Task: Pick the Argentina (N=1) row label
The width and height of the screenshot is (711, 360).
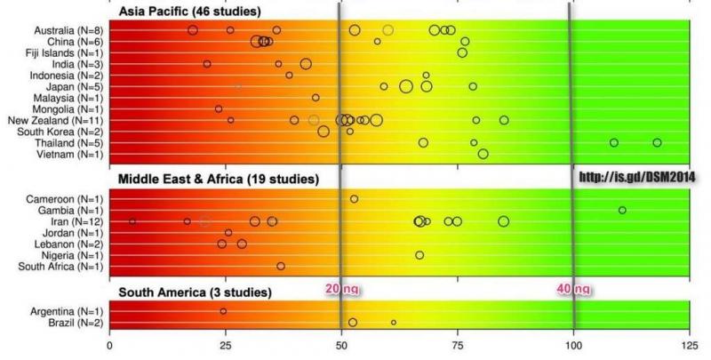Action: pos(69,311)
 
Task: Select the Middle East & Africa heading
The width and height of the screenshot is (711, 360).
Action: pos(219,179)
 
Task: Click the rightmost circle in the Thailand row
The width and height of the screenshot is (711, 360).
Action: pos(657,142)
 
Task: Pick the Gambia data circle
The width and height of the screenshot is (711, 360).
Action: pos(622,210)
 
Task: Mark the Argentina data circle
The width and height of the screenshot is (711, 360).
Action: pos(223,311)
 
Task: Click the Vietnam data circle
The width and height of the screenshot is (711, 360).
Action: pos(483,154)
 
